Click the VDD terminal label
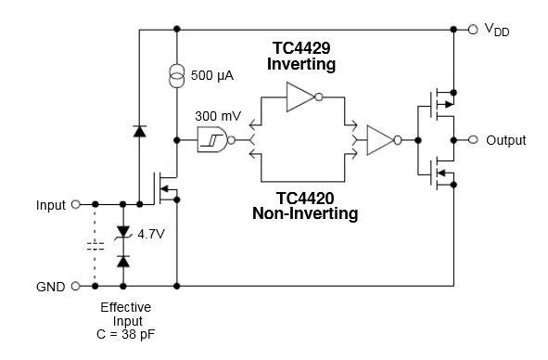coord(497,31)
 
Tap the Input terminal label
coord(51,204)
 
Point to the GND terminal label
coord(50,287)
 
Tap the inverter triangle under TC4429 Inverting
coord(301,96)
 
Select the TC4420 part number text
coord(304,198)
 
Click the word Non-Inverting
coord(304,213)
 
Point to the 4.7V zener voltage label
coord(150,234)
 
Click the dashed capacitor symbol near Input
coord(95,246)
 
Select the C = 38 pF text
coord(124,336)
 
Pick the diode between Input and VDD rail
coord(139,132)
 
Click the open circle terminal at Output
coord(474,140)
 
